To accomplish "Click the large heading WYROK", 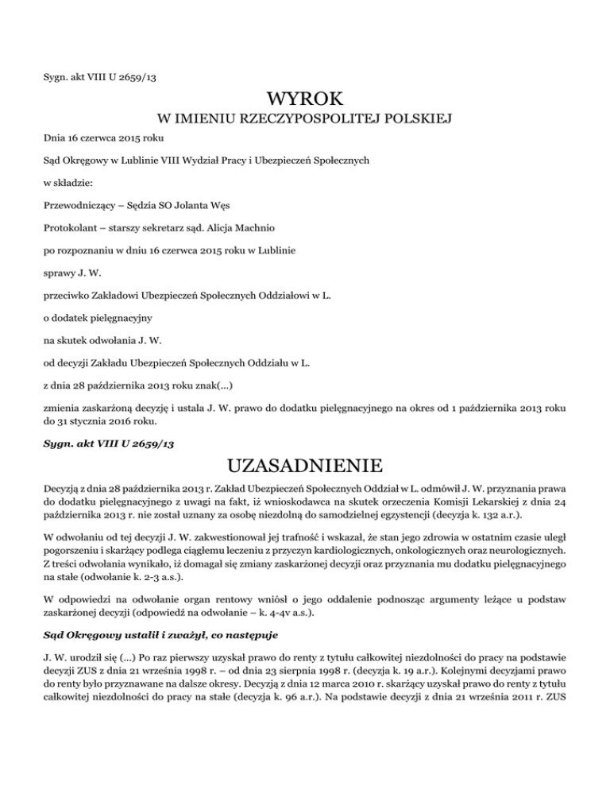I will (305, 99).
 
